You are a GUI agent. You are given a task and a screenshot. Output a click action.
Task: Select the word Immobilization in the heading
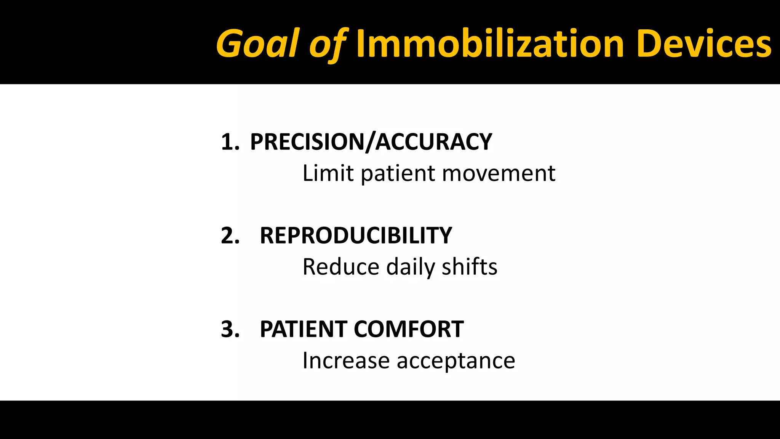pyautogui.click(x=490, y=44)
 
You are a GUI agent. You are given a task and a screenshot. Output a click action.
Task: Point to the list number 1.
pyautogui.click(x=230, y=142)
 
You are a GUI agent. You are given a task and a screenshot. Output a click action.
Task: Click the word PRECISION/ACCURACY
pyautogui.click(x=371, y=142)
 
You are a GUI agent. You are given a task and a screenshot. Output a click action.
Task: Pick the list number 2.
pyautogui.click(x=230, y=236)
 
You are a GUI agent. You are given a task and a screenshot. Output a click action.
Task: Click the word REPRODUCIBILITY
pyautogui.click(x=356, y=236)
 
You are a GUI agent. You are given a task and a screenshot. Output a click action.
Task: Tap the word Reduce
pyautogui.click(x=341, y=267)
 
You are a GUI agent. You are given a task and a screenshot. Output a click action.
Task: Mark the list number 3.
pyautogui.click(x=230, y=329)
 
